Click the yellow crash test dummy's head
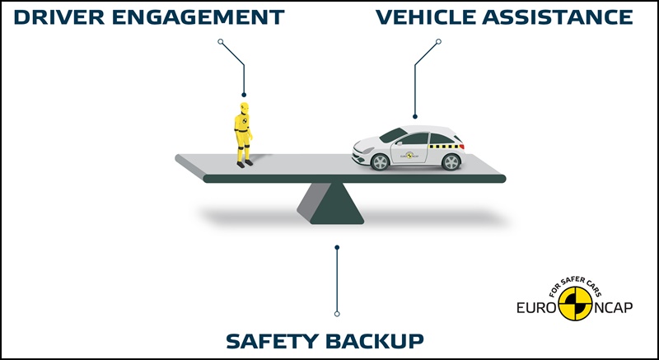tap(243, 108)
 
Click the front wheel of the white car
tap(380, 161)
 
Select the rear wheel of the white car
tap(451, 161)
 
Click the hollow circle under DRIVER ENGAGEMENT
tap(220, 41)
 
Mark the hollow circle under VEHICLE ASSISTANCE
tap(438, 41)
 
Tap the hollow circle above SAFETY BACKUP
tap(336, 314)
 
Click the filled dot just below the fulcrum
tap(336, 246)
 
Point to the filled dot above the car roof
tap(415, 116)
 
